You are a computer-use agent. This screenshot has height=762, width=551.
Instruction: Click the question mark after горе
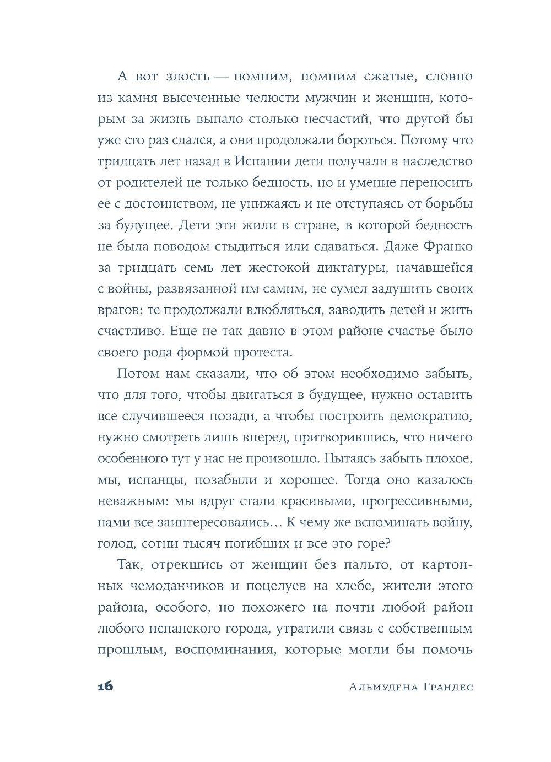(x=387, y=544)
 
